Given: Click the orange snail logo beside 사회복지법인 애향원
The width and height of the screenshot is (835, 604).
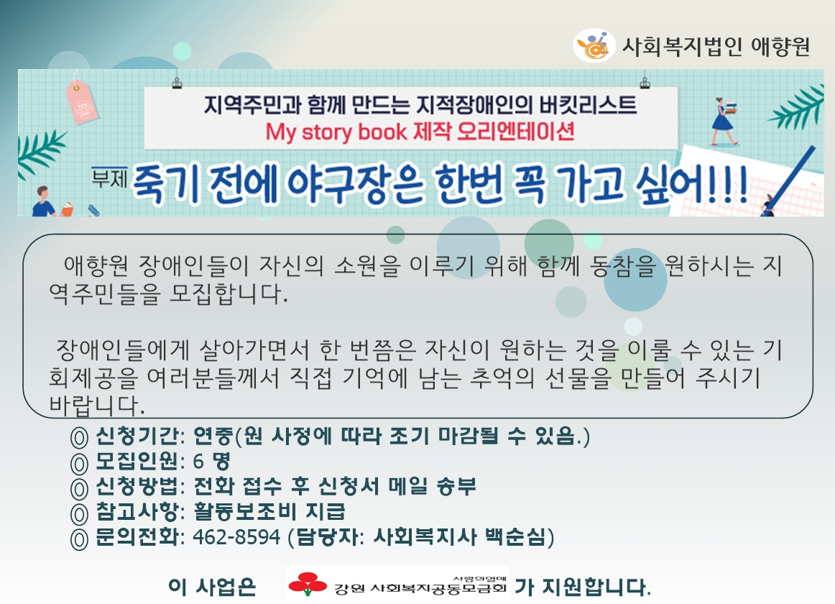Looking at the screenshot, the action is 594,45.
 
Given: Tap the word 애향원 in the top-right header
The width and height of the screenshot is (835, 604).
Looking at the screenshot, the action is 780,47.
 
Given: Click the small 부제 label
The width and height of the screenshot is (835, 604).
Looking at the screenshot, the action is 109,178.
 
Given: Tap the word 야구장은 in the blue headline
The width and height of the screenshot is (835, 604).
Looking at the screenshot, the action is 355,185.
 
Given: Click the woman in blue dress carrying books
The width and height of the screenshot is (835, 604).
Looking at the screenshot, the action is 725,121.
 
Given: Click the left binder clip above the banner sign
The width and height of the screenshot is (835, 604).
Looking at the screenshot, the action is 177,83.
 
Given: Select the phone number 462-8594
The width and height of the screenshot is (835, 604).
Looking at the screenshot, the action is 236,537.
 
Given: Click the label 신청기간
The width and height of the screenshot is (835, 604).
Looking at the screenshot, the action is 137,436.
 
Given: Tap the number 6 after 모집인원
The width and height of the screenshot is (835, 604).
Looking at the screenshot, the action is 198,461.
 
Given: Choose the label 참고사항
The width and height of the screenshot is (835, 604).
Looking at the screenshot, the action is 137,512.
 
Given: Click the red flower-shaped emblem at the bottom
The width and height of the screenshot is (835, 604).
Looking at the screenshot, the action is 308,584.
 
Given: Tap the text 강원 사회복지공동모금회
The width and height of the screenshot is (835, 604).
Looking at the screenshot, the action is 420,588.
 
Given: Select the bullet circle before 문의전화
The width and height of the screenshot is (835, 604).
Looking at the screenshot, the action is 79,539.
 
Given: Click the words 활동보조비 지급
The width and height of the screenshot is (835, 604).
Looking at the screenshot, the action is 269,512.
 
